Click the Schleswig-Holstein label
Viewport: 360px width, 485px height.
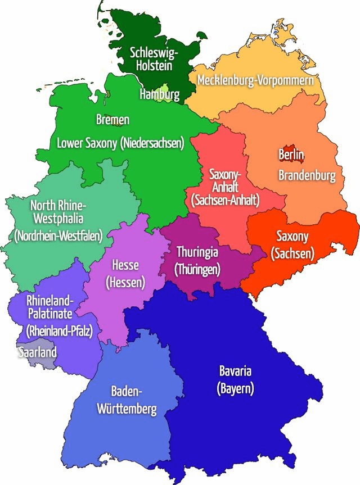154,59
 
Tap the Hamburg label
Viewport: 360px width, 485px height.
159,94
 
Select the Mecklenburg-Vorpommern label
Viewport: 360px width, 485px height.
255,80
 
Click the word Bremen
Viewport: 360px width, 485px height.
112,120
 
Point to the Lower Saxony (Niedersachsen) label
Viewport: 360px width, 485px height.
120,143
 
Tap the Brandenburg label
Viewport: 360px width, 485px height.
307,175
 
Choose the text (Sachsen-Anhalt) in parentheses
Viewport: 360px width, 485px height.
225,199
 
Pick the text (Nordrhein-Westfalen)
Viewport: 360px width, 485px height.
58,236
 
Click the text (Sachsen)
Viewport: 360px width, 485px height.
292,254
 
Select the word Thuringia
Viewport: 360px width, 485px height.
197,251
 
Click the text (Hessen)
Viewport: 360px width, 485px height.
125,282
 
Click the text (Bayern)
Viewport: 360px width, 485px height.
235,388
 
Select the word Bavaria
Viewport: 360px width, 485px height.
235,371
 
